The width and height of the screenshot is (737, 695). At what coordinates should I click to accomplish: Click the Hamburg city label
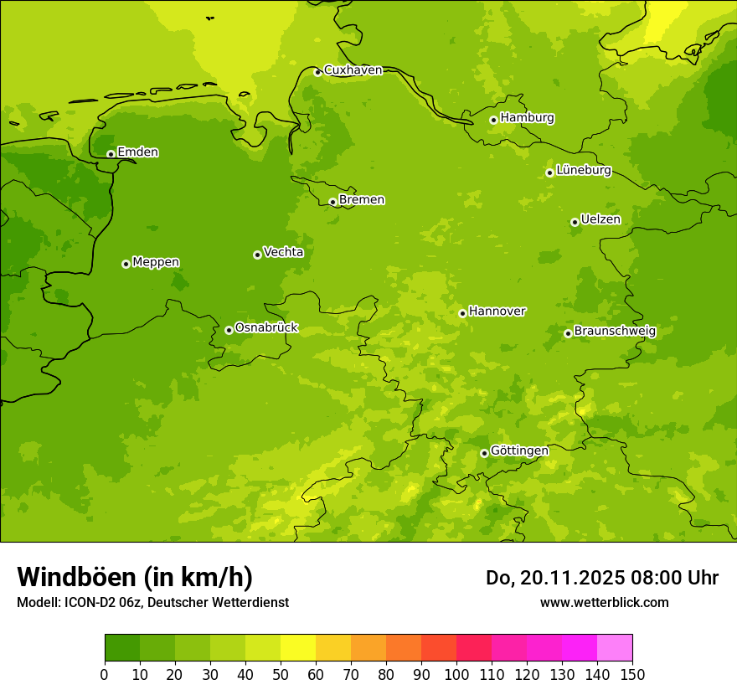coord(527,118)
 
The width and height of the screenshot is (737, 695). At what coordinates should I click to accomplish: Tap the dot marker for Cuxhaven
coord(317,72)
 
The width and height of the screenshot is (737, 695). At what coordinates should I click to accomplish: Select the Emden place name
coord(137,152)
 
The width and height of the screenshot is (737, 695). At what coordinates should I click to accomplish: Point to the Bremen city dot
coord(332,202)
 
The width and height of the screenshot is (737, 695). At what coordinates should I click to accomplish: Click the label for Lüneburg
coord(583,170)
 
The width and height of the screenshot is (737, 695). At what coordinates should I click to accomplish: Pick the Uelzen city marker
coord(575,222)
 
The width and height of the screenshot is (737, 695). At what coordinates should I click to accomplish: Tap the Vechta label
coord(283,252)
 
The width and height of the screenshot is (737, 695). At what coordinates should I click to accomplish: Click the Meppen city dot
coord(126,264)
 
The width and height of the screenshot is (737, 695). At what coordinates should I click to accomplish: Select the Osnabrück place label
coord(265,328)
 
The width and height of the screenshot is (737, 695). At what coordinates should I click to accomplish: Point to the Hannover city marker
coord(462,313)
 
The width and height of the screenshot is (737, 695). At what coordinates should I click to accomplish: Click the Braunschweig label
coord(615,332)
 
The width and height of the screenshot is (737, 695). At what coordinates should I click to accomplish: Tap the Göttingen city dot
coord(484,453)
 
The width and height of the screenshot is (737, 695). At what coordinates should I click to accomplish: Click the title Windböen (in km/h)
coord(135,577)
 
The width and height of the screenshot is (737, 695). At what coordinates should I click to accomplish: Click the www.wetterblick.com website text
coord(604,602)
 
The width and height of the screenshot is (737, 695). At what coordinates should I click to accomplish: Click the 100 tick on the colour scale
coord(456,674)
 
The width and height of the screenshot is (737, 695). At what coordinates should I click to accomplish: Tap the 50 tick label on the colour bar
coord(281,674)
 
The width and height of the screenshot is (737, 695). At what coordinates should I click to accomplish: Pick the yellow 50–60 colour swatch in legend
coord(298,647)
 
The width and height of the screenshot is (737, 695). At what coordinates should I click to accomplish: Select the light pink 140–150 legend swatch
coord(615,647)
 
